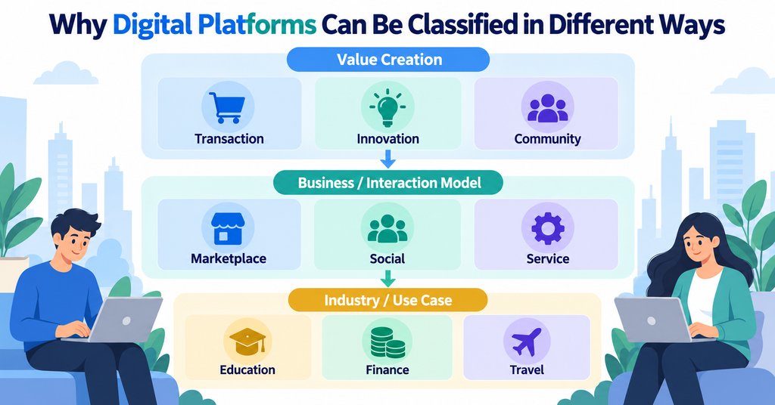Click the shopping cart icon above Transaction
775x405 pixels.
pyautogui.click(x=227, y=107)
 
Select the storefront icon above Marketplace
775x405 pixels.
pyautogui.click(x=228, y=229)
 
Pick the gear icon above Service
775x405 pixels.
pyautogui.click(x=548, y=228)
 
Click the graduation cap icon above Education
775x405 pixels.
pyautogui.click(x=247, y=340)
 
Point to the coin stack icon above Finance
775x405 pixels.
pyautogui.click(x=387, y=342)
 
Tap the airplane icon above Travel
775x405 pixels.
pyautogui.click(x=527, y=342)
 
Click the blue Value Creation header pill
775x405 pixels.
pyautogui.click(x=388, y=60)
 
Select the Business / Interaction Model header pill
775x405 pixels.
pyautogui.click(x=388, y=183)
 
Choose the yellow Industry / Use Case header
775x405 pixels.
pyautogui.click(x=388, y=300)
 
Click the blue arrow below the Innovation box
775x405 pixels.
pyautogui.click(x=388, y=159)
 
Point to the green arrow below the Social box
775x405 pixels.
pyautogui.click(x=388, y=279)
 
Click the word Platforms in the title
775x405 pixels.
pyautogui.click(x=257, y=25)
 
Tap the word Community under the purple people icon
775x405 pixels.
pyautogui.click(x=547, y=139)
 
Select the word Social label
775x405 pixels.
pyautogui.click(x=387, y=258)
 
